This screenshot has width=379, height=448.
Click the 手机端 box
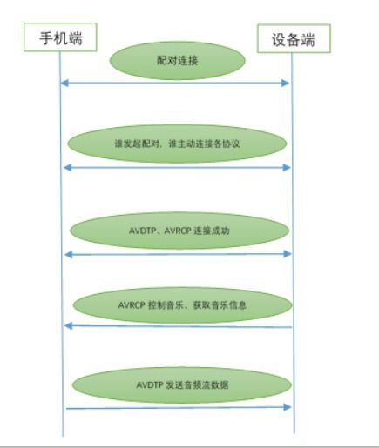click(x=60, y=37)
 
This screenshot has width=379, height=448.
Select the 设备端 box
click(x=294, y=38)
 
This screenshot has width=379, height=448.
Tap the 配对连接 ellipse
click(x=177, y=60)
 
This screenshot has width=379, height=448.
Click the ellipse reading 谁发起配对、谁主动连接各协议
click(x=177, y=144)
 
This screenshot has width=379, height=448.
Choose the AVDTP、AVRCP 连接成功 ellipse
click(x=179, y=231)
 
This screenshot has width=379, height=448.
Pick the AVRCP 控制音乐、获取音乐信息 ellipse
click(x=182, y=305)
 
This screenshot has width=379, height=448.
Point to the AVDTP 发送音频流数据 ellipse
click(x=182, y=384)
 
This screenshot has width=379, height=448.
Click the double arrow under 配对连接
click(x=174, y=84)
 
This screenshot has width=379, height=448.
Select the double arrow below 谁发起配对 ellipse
click(x=177, y=168)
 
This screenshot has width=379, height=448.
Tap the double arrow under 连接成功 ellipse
click(x=178, y=254)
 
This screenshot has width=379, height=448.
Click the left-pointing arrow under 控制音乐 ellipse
click(x=178, y=326)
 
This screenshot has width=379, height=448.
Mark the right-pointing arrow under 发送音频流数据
click(x=179, y=408)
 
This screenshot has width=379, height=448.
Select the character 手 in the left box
click(x=46, y=38)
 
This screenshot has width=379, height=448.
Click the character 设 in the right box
click(x=279, y=40)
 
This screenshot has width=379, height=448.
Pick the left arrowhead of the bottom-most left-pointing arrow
click(x=68, y=326)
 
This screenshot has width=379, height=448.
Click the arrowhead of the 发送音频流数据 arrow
click(x=288, y=407)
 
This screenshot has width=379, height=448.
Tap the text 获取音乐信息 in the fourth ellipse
click(x=220, y=305)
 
